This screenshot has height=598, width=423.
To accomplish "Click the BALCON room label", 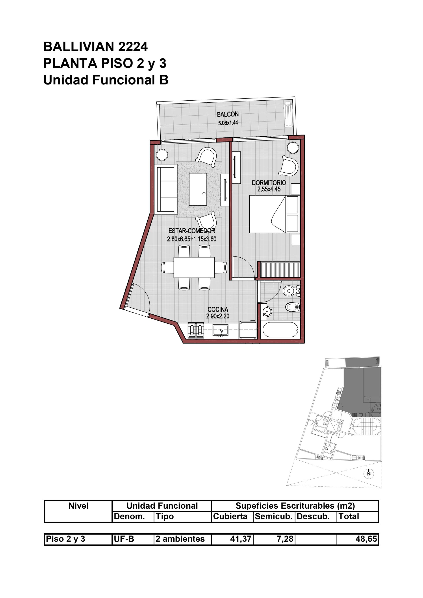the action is click(x=228, y=114).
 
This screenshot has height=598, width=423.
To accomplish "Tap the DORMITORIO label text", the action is click(x=269, y=183).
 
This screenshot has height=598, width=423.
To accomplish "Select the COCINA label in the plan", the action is click(x=218, y=309).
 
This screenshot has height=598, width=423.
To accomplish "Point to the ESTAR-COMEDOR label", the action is click(x=192, y=231).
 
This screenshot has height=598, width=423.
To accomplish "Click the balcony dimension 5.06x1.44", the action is click(x=228, y=123).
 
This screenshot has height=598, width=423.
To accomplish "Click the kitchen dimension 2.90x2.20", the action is click(x=218, y=316).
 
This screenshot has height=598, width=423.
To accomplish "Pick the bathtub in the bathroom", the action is click(x=280, y=330).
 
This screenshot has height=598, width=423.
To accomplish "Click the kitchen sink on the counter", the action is click(x=221, y=330).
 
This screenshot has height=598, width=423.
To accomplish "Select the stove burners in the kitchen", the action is click(x=196, y=330).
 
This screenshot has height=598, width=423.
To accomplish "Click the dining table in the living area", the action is click(x=194, y=267).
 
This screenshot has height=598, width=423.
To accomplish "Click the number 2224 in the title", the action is click(x=133, y=47).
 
